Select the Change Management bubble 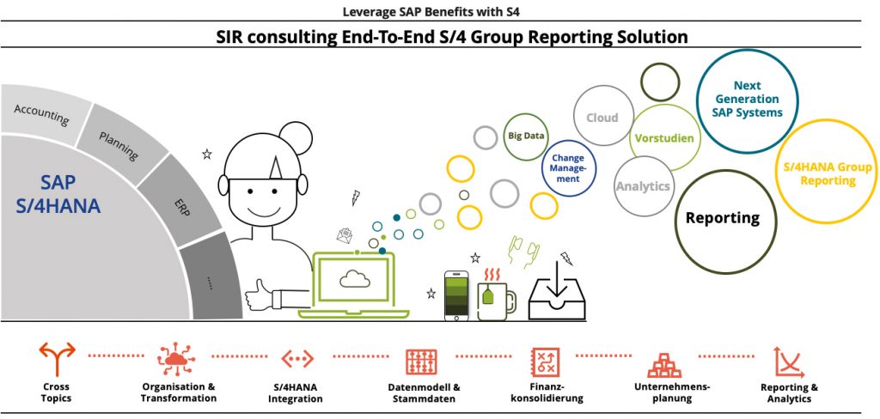tap(569, 168)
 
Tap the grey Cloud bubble tap(602, 118)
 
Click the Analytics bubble tap(642, 185)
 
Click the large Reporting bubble tap(722, 219)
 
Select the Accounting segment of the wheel tap(43, 111)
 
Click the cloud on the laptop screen tap(354, 277)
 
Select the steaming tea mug tap(497, 297)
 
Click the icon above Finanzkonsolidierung tap(546, 362)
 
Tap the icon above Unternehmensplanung tap(664, 364)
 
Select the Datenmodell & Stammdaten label tap(425, 393)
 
